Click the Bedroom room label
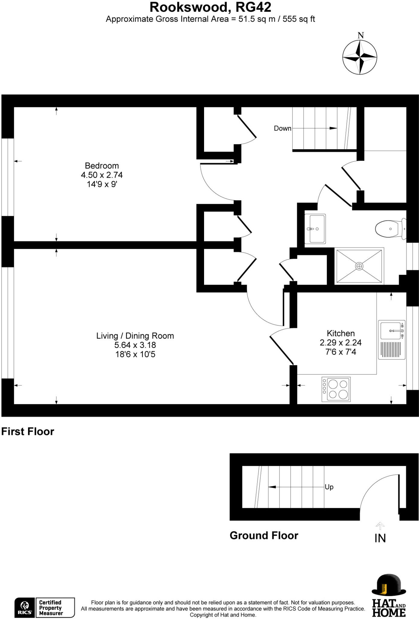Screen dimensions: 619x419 102,166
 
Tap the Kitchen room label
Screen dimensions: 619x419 341,333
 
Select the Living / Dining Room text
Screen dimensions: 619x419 135,336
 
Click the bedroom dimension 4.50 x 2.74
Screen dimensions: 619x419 102,175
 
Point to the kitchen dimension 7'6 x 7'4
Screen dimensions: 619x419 341,352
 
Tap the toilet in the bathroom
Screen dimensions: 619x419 390,229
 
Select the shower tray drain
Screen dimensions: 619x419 359,266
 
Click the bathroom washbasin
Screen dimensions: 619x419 315,229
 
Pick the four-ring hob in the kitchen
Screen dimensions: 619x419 336,389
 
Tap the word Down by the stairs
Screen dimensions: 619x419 282,128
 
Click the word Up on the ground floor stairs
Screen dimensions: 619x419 329,487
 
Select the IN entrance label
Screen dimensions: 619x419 380,538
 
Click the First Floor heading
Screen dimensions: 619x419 27,431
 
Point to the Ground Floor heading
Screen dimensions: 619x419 264,535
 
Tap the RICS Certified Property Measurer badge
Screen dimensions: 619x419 45,608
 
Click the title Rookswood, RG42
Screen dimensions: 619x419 210,7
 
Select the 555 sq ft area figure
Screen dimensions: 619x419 299,19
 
